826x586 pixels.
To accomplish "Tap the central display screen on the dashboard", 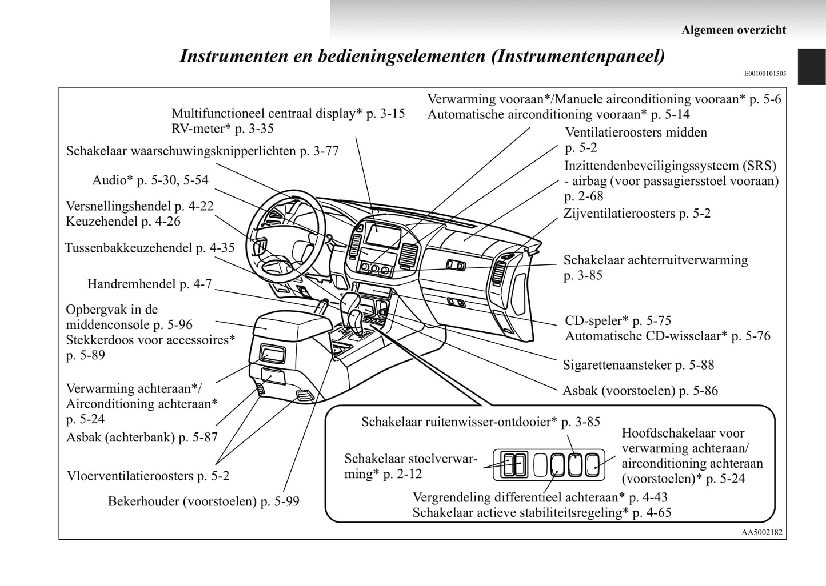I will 380,235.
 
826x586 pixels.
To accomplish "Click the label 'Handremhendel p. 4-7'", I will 149,284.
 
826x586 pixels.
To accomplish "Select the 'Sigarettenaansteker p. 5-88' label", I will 639,364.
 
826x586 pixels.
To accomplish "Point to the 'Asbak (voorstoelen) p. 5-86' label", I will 640,391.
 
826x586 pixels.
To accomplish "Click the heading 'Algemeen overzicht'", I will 733,30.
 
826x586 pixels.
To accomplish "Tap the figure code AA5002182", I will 761,532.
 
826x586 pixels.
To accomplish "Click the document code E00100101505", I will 765,74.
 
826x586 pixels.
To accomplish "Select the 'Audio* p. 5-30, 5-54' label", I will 150,180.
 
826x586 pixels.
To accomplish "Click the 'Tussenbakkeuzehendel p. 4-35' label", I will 150,248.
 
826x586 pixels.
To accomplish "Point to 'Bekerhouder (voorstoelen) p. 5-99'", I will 203,501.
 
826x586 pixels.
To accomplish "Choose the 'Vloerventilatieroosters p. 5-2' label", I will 148,476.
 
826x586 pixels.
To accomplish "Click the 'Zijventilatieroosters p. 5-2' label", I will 637,214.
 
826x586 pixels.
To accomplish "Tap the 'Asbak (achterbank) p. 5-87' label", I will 142,438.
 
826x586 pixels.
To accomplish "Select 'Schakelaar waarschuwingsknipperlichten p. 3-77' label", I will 202,151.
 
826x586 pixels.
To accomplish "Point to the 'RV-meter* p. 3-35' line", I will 222,129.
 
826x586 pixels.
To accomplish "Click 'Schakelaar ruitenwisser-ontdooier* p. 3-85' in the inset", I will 481,422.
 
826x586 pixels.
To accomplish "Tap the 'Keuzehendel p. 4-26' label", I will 123,221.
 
